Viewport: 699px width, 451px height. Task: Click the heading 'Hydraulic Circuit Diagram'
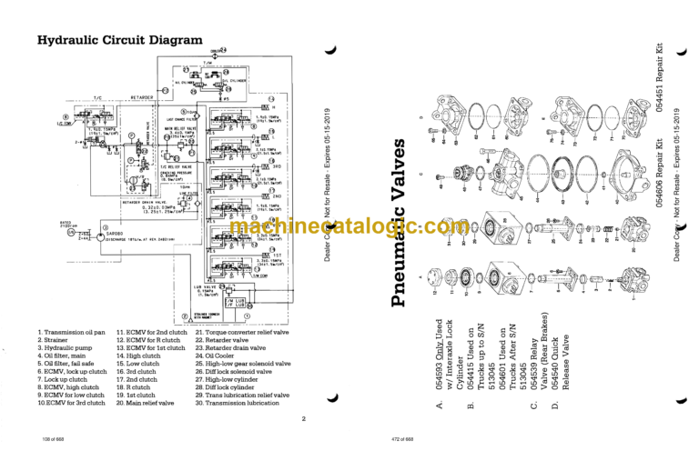119,40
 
